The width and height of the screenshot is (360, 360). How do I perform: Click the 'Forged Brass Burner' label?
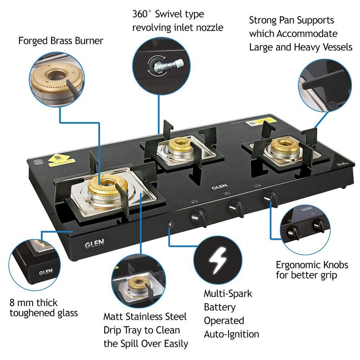click(60, 41)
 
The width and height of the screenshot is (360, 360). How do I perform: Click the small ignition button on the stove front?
click(170, 224)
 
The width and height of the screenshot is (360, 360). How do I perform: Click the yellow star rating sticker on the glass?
click(58, 158)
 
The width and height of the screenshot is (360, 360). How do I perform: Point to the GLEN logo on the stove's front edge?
click(95, 245)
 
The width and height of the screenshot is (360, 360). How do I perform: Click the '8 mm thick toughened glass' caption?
click(44, 308)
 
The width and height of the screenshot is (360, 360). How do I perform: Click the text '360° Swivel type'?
click(168, 14)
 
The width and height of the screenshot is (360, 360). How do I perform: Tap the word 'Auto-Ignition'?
click(231, 334)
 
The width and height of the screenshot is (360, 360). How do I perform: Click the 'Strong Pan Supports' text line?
click(291, 20)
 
